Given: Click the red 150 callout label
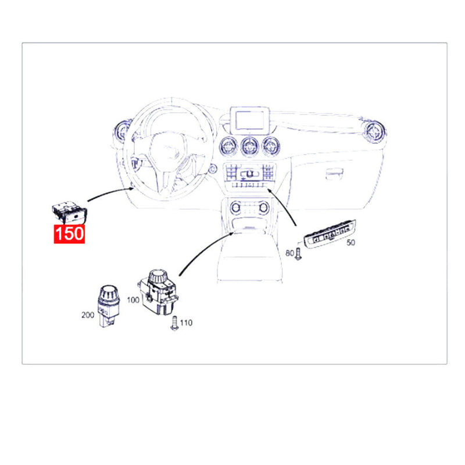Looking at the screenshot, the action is tap(69, 234).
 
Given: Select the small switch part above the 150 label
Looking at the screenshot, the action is tap(69, 213).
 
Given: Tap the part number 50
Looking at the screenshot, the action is tap(351, 242).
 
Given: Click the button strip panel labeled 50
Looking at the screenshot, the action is tap(330, 235).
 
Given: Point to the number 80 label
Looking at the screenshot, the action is tap(289, 253).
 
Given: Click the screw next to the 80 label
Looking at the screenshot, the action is tap(298, 254).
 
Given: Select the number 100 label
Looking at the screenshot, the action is tap(133, 300).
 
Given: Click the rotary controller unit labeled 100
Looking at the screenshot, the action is tap(158, 292).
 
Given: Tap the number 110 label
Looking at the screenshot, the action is tap(186, 323).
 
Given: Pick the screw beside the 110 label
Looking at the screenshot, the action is tap(174, 323).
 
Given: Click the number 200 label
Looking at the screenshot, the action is tap(88, 315).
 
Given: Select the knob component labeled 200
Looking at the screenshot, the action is tap(109, 306).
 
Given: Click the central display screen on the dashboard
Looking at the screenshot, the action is tap(250, 120).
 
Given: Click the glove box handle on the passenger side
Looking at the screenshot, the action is tap(334, 174).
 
